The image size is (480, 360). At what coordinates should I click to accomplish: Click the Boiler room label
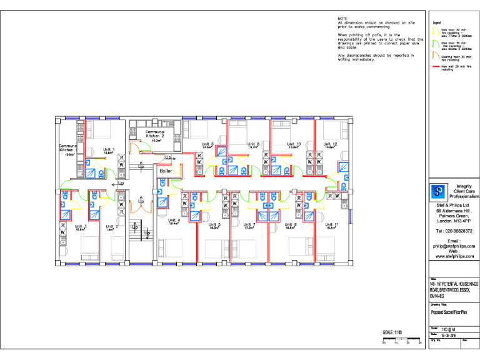tap(166, 171)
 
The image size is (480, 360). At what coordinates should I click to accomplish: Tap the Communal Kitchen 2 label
tap(155, 134)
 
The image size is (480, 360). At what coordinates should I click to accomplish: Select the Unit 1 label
tap(109, 149)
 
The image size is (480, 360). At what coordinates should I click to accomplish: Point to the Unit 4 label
tap(174, 221)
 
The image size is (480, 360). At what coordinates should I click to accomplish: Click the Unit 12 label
tap(331, 144)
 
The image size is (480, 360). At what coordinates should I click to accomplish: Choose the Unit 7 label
tap(249, 225)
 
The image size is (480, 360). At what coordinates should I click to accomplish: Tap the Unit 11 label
tap(332, 225)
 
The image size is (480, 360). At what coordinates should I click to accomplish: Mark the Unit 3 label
tap(81, 227)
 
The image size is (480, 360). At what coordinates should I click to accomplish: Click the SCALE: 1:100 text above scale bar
tap(392, 332)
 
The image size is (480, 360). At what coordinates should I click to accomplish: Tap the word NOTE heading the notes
tap(342, 19)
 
